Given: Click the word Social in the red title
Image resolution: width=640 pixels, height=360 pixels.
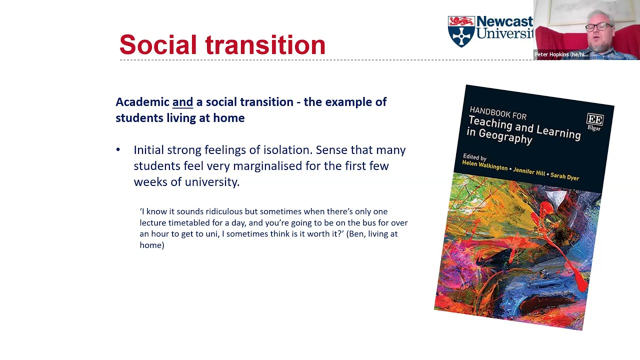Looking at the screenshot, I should pos(158,45).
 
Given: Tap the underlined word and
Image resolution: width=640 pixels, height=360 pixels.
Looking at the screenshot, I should pos(182,102).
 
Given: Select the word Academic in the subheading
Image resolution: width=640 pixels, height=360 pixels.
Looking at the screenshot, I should pos(142,102).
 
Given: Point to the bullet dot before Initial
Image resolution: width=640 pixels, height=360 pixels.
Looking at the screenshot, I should pos(118,150).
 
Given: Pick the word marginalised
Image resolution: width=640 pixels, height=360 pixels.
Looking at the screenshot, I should pos(268,166).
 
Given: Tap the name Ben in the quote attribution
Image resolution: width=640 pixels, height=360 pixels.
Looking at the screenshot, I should pos(355,233).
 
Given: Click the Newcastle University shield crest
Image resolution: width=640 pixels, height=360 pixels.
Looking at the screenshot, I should pos(460,31).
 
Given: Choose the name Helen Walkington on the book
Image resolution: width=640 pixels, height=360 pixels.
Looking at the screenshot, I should pos(484,166).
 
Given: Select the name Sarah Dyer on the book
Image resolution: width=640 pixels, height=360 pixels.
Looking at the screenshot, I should pos(564,177).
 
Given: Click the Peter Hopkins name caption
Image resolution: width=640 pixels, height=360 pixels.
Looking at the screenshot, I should pos(560,54).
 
